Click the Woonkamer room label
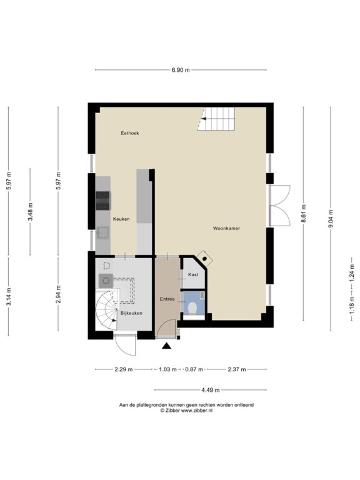[226, 228]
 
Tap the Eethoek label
[130, 133]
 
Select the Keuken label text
[121, 219]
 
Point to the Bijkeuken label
[131, 313]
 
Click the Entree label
[167, 299]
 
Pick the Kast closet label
[193, 274]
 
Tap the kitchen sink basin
[102, 233]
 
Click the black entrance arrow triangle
[166, 346]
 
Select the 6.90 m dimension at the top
[181, 70]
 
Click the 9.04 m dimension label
[331, 219]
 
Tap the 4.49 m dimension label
[210, 390]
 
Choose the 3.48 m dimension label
[30, 212]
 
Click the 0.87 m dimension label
[194, 369]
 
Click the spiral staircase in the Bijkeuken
[106, 311]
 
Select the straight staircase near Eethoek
[216, 119]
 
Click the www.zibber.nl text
[197, 411]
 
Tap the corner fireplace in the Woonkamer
[204, 258]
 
